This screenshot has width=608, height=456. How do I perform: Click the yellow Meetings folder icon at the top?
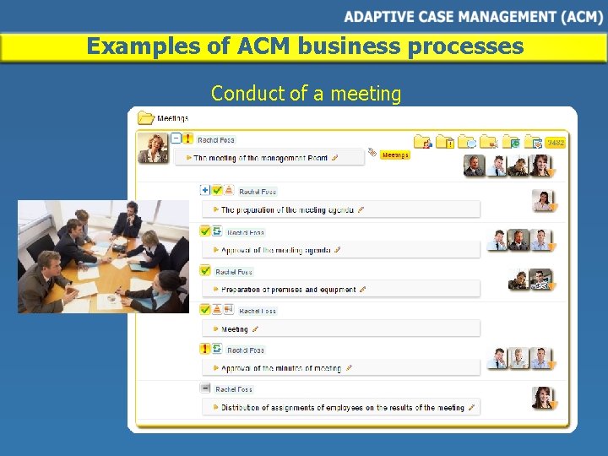(x=145, y=118)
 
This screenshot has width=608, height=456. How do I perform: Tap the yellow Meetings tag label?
(x=394, y=155)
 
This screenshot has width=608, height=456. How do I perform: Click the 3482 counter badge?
(x=555, y=143)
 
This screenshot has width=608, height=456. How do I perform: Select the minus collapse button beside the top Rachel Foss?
(x=176, y=138)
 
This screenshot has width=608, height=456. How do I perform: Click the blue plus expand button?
(x=205, y=190)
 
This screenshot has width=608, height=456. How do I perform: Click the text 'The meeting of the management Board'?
(x=260, y=157)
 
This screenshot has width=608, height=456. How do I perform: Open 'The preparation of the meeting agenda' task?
(x=288, y=209)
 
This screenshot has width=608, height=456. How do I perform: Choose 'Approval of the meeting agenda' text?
(x=276, y=250)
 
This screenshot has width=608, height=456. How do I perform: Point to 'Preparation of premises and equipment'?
(x=288, y=290)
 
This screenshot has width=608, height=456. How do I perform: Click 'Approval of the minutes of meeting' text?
(x=281, y=368)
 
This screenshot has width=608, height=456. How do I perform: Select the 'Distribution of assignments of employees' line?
(x=342, y=408)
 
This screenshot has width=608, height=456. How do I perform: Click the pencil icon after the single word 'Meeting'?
(x=255, y=329)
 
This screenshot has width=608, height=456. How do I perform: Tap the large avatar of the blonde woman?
(x=154, y=149)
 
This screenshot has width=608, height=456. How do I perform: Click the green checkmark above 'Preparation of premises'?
(x=205, y=271)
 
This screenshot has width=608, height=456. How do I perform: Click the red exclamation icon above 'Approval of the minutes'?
(x=205, y=349)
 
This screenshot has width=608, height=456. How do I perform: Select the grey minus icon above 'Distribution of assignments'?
(x=205, y=388)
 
